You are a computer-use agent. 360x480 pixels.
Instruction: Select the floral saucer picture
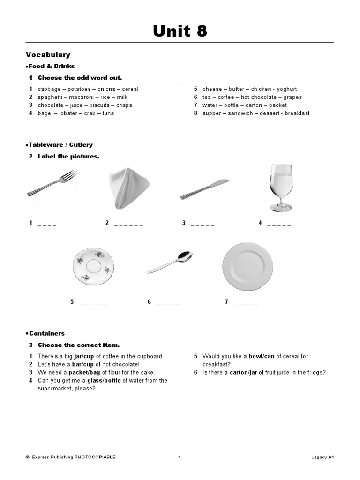click(94, 267)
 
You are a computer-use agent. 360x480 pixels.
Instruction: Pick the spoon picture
click(169, 262)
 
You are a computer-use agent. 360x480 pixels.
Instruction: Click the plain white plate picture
click(247, 266)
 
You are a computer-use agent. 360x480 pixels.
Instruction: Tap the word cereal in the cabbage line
click(130, 89)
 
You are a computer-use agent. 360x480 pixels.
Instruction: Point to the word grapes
click(292, 97)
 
